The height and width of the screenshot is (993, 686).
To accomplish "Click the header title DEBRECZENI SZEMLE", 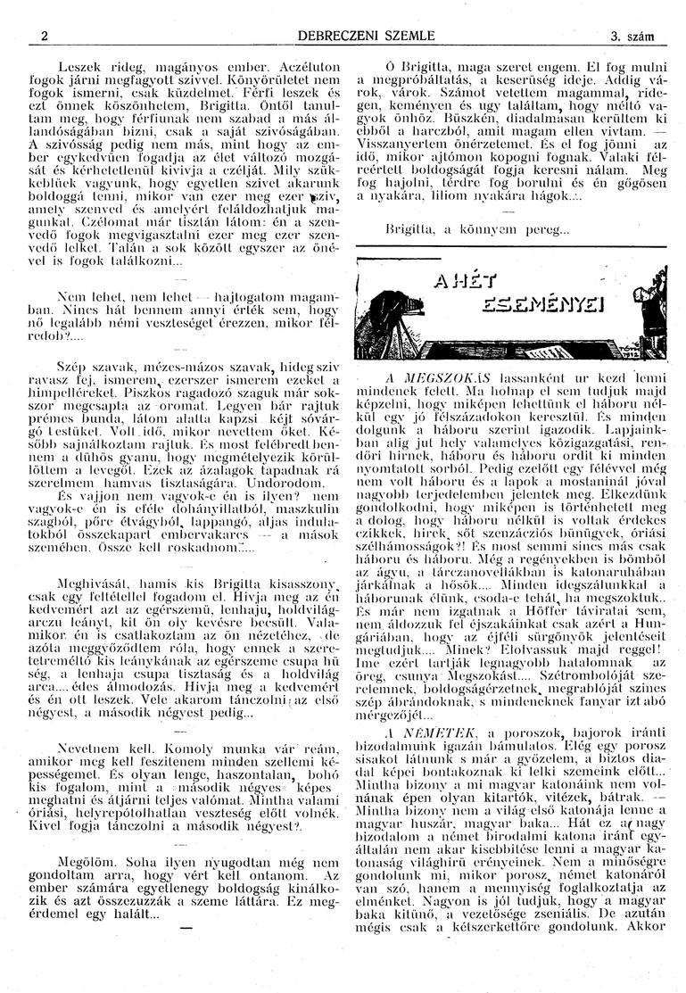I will (x=342, y=37).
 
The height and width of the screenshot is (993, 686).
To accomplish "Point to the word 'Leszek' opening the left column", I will (x=77, y=67).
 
